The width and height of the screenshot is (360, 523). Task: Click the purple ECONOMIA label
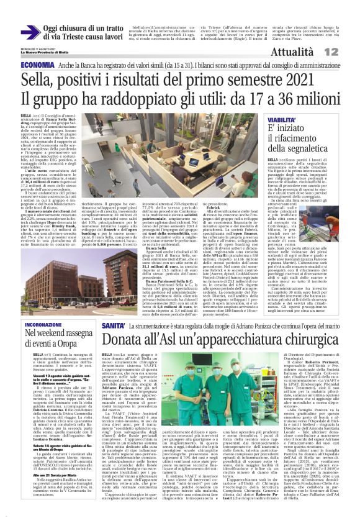coord(37,65)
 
